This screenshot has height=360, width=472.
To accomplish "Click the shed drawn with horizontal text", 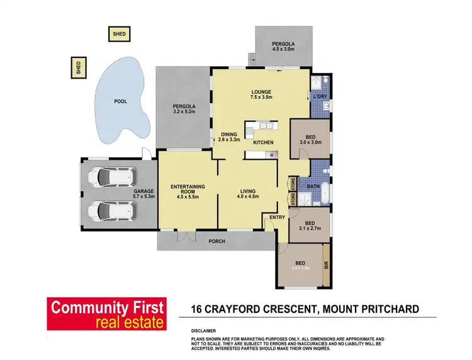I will click(118, 33).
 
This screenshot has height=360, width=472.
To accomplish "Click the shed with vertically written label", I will click(79, 67).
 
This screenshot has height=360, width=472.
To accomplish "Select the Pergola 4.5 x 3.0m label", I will click(283, 46).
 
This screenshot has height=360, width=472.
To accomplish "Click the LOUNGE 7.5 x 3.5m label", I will click(261, 95).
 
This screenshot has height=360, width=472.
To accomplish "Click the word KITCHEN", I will click(263, 143).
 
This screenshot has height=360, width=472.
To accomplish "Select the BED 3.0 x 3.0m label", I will click(310, 139).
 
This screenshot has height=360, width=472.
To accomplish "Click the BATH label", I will click(313, 186).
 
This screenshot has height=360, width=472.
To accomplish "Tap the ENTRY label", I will click(277, 217).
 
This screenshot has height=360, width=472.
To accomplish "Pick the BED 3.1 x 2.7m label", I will click(310, 226).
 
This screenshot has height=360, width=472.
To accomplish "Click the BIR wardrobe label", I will click(326, 265).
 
